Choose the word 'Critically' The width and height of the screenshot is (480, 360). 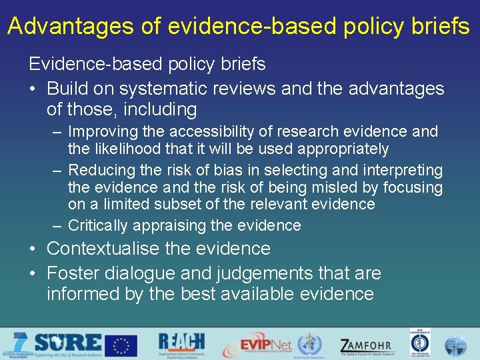(x=98, y=226)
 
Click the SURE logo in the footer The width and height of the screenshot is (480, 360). (x=63, y=344)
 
